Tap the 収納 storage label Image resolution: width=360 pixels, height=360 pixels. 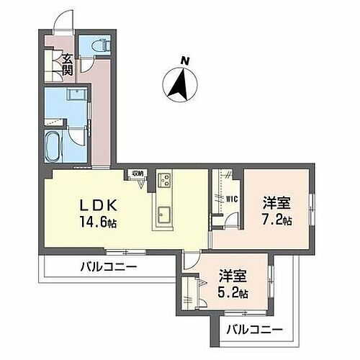pyautogui.click(x=138, y=174)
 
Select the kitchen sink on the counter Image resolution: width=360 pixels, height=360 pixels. pyautogui.click(x=163, y=215)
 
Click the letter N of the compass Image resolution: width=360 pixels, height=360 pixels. pyautogui.click(x=184, y=62)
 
